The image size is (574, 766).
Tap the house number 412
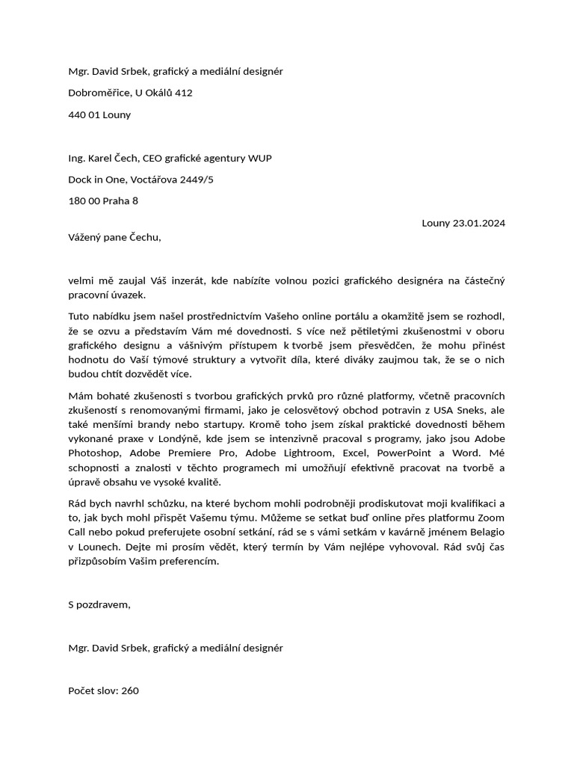point(183,93)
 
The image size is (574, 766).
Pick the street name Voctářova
point(155,180)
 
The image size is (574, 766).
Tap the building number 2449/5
point(197,180)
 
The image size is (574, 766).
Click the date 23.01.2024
point(479,222)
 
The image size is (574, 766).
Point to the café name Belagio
point(484,532)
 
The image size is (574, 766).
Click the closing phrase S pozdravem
point(99,604)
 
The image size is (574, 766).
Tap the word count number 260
point(129,690)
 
